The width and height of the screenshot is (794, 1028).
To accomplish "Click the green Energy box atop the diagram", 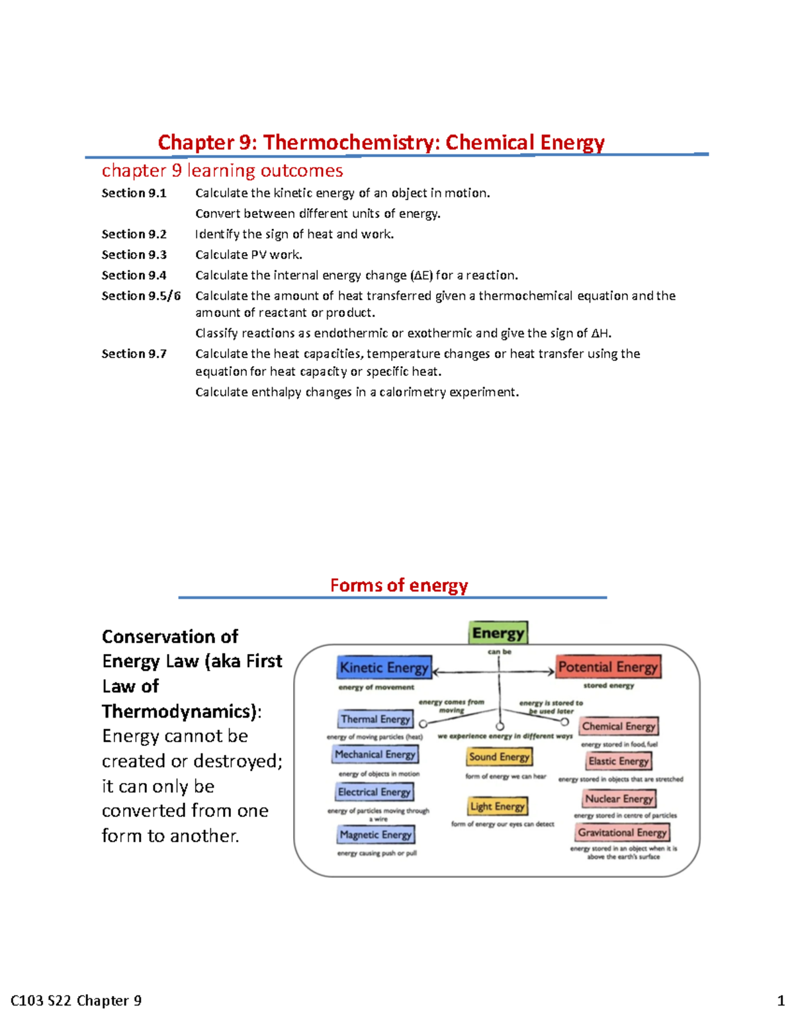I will pos(498,633).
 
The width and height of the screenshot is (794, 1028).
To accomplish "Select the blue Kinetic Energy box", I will pos(384,667).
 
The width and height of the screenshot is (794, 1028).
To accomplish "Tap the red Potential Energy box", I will pos(608,667).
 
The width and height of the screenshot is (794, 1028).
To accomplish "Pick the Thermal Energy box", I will pos(375,719).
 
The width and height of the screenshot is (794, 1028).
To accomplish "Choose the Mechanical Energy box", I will pos(375,754).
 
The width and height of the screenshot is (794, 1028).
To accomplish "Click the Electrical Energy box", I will pos(375,792).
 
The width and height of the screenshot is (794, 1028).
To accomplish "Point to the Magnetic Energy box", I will pos(376,835).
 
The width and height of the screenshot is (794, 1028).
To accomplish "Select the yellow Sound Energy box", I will pos(500,757).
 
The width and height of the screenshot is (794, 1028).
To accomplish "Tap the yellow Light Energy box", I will pos(498,806).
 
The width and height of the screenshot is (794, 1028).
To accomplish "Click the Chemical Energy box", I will pos(619,726).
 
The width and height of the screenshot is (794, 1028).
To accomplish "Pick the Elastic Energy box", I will pos(619,761).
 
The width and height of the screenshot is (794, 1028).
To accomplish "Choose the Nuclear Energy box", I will pos(619,798).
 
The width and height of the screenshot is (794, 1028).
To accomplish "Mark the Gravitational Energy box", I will pos(623,832).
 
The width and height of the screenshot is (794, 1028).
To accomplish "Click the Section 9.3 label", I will pos(134,255).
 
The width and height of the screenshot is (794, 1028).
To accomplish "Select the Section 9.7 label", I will pos(134,354).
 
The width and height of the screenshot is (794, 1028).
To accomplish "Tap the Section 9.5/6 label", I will pos(141,296).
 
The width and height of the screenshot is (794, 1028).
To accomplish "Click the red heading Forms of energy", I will pos(399,585).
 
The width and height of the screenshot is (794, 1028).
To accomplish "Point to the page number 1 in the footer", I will pos(781,1000).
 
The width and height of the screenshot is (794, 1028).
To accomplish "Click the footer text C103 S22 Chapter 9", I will pos(76,1000).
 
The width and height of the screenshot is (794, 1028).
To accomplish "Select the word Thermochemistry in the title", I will pos(351,142).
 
